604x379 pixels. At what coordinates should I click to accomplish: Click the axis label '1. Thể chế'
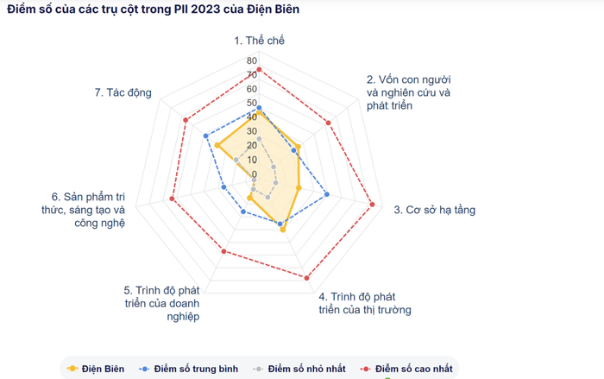259,41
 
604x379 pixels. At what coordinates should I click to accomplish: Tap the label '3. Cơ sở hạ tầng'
434,210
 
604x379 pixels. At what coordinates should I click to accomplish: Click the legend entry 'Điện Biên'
96,369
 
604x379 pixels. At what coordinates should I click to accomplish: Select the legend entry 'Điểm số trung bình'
189,369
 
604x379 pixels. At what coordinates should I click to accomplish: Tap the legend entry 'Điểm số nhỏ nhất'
299,369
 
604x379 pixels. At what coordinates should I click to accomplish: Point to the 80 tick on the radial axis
250,61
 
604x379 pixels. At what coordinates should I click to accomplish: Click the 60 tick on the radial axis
250,90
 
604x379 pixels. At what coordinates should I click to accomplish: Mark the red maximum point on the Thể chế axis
259,70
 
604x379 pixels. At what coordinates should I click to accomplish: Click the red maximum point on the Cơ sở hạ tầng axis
373,205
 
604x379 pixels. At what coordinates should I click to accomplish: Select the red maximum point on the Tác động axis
186,119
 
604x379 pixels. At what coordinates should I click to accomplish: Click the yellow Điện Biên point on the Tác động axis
217,145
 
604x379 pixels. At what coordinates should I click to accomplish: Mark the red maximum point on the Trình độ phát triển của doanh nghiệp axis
224,251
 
